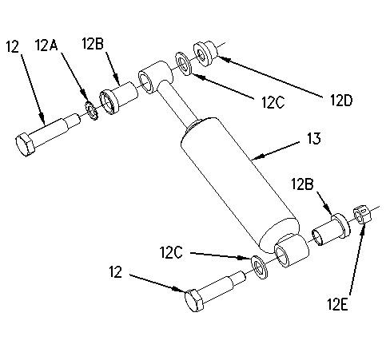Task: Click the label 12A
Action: [46, 45]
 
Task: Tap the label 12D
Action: [341, 101]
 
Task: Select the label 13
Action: [314, 139]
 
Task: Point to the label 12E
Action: [337, 304]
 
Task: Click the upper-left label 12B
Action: [93, 43]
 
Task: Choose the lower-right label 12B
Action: [302, 184]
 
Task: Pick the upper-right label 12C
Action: [273, 102]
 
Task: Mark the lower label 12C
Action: [171, 252]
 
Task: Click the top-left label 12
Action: [13, 46]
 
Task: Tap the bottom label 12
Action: [115, 272]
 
